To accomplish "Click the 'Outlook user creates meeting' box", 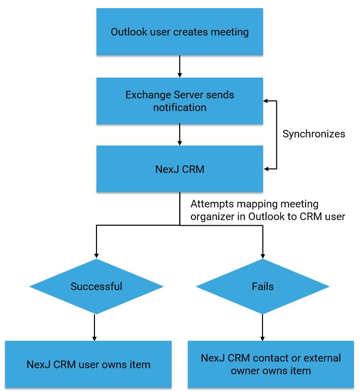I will coord(180,32).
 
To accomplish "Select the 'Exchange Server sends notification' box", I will coord(180,101).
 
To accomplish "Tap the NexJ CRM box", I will coord(180,169).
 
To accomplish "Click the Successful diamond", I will coord(96,287).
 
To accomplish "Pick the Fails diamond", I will coord(263,287).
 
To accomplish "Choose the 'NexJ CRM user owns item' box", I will coord(88,365).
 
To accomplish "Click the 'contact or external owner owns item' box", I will coord(271,365).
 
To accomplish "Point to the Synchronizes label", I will coord(314,134).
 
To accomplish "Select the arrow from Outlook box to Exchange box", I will coord(180,66).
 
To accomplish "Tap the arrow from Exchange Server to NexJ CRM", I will coord(180,135).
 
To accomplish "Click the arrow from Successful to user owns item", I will coord(95,327).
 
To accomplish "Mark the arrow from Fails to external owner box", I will coord(263,327).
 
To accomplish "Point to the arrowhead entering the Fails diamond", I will coord(263,256).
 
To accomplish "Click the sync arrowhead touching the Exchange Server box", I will coord(266,101).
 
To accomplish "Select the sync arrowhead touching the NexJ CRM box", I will coord(266,169).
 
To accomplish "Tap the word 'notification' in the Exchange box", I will coord(180,108).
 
